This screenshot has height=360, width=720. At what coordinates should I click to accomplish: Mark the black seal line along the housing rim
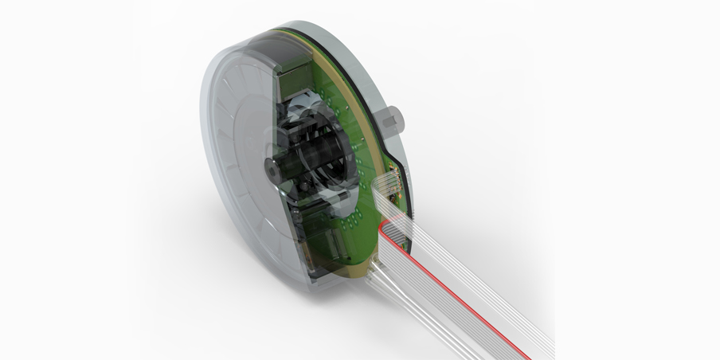point(350,48)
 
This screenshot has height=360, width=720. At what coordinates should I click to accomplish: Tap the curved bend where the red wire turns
point(385,231)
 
